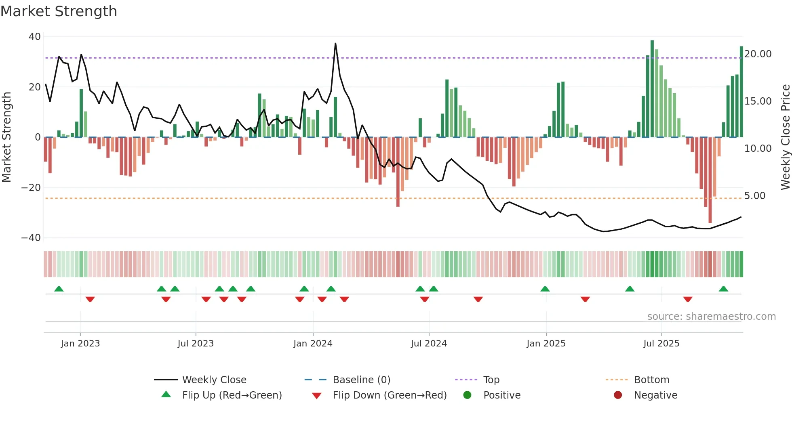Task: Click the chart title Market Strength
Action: (x=59, y=11)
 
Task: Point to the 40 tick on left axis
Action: (x=35, y=37)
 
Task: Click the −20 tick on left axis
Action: (x=31, y=188)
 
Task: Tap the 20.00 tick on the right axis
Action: (x=758, y=54)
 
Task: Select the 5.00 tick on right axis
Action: (x=754, y=196)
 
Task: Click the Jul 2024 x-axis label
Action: (x=429, y=344)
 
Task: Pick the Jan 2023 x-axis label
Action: (x=80, y=344)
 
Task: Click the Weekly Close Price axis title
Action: (x=785, y=137)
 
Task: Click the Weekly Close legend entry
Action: (x=214, y=380)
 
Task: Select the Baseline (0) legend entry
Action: (x=361, y=380)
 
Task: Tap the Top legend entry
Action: (x=491, y=380)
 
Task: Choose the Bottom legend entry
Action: (x=651, y=380)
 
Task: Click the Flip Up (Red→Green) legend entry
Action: (x=232, y=395)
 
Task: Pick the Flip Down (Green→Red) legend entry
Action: (x=390, y=395)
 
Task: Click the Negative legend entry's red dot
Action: (x=618, y=395)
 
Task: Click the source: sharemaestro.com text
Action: (x=711, y=317)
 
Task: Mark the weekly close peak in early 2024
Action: (x=335, y=44)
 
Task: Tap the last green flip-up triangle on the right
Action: (x=723, y=289)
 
